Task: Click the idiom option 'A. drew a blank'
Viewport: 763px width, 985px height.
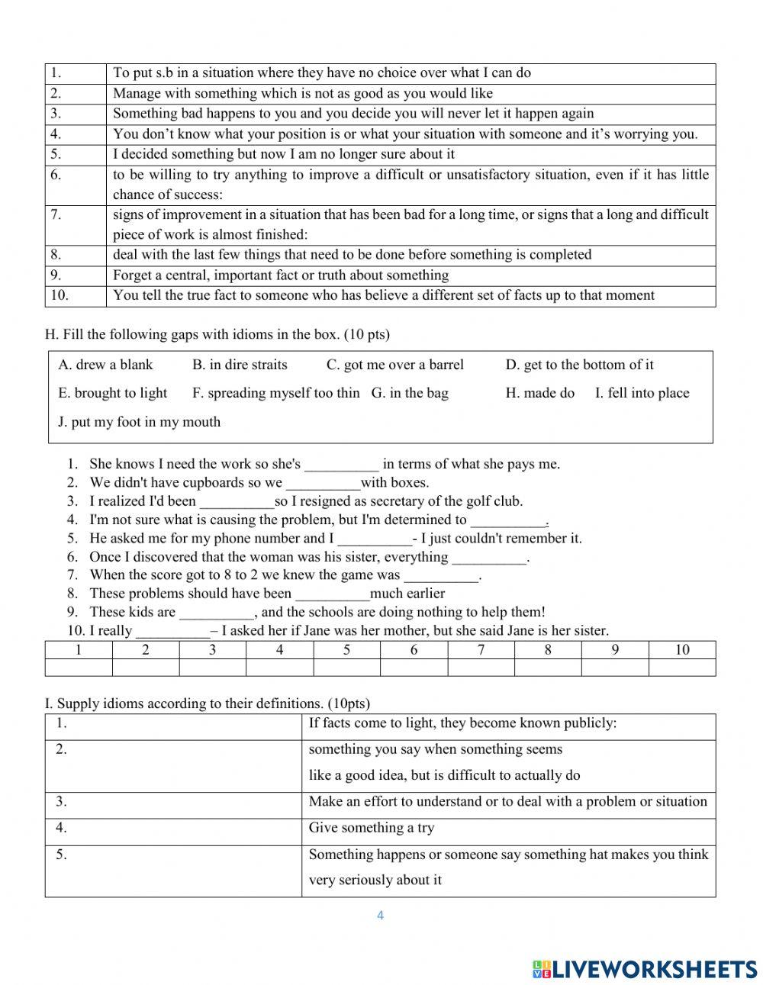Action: pyautogui.click(x=105, y=365)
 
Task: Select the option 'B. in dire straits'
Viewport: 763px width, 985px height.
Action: pyautogui.click(x=240, y=365)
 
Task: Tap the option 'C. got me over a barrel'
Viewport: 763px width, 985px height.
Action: pyautogui.click(x=394, y=365)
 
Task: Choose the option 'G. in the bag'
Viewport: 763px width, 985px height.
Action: pyautogui.click(x=410, y=393)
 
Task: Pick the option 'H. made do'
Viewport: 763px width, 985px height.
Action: pyautogui.click(x=539, y=393)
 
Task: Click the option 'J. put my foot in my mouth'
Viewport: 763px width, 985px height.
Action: pyautogui.click(x=139, y=422)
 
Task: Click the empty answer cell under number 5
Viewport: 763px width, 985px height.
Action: pyautogui.click(x=346, y=668)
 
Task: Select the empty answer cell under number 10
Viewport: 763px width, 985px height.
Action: pyautogui.click(x=681, y=668)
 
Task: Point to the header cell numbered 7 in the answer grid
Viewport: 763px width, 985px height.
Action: pyautogui.click(x=481, y=650)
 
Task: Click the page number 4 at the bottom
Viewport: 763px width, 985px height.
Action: pyautogui.click(x=380, y=916)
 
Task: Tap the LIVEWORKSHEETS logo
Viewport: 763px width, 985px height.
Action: pyautogui.click(x=645, y=968)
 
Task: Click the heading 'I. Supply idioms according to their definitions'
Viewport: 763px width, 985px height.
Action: pyautogui.click(x=207, y=703)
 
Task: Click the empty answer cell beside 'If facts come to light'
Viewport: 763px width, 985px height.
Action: pyautogui.click(x=173, y=726)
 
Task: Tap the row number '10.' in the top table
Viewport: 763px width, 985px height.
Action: pyautogui.click(x=60, y=295)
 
